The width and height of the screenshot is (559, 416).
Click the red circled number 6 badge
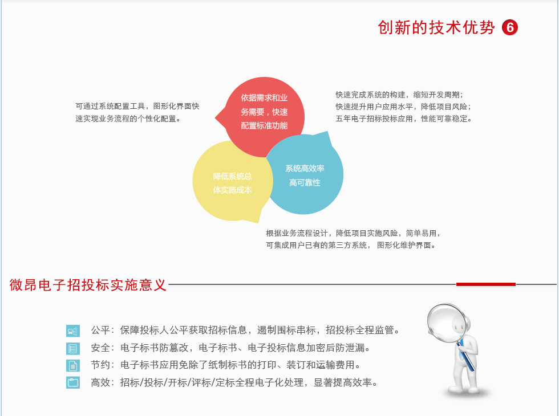click(510, 27)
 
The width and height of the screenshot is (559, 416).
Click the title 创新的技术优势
click(436, 27)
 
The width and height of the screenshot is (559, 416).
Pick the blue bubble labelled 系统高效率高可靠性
click(305, 174)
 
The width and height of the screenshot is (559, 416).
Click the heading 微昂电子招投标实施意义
click(88, 285)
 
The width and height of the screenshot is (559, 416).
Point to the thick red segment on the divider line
click(486, 284)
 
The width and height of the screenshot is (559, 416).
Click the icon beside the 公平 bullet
click(73, 331)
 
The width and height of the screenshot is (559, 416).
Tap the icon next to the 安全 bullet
click(73, 348)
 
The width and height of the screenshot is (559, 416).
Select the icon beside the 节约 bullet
click(73, 365)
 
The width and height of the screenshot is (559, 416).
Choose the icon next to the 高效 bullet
click(73, 382)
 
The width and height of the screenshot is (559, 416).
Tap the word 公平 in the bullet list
click(100, 330)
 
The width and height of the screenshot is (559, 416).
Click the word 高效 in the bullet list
click(100, 382)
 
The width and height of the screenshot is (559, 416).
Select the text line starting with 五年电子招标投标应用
click(404, 119)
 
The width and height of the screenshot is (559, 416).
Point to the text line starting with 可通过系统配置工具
click(137, 106)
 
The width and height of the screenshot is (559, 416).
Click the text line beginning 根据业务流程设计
click(354, 233)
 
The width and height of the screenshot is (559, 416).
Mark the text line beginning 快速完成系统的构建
click(399, 95)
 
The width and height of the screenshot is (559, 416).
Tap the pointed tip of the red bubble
click(216, 117)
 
